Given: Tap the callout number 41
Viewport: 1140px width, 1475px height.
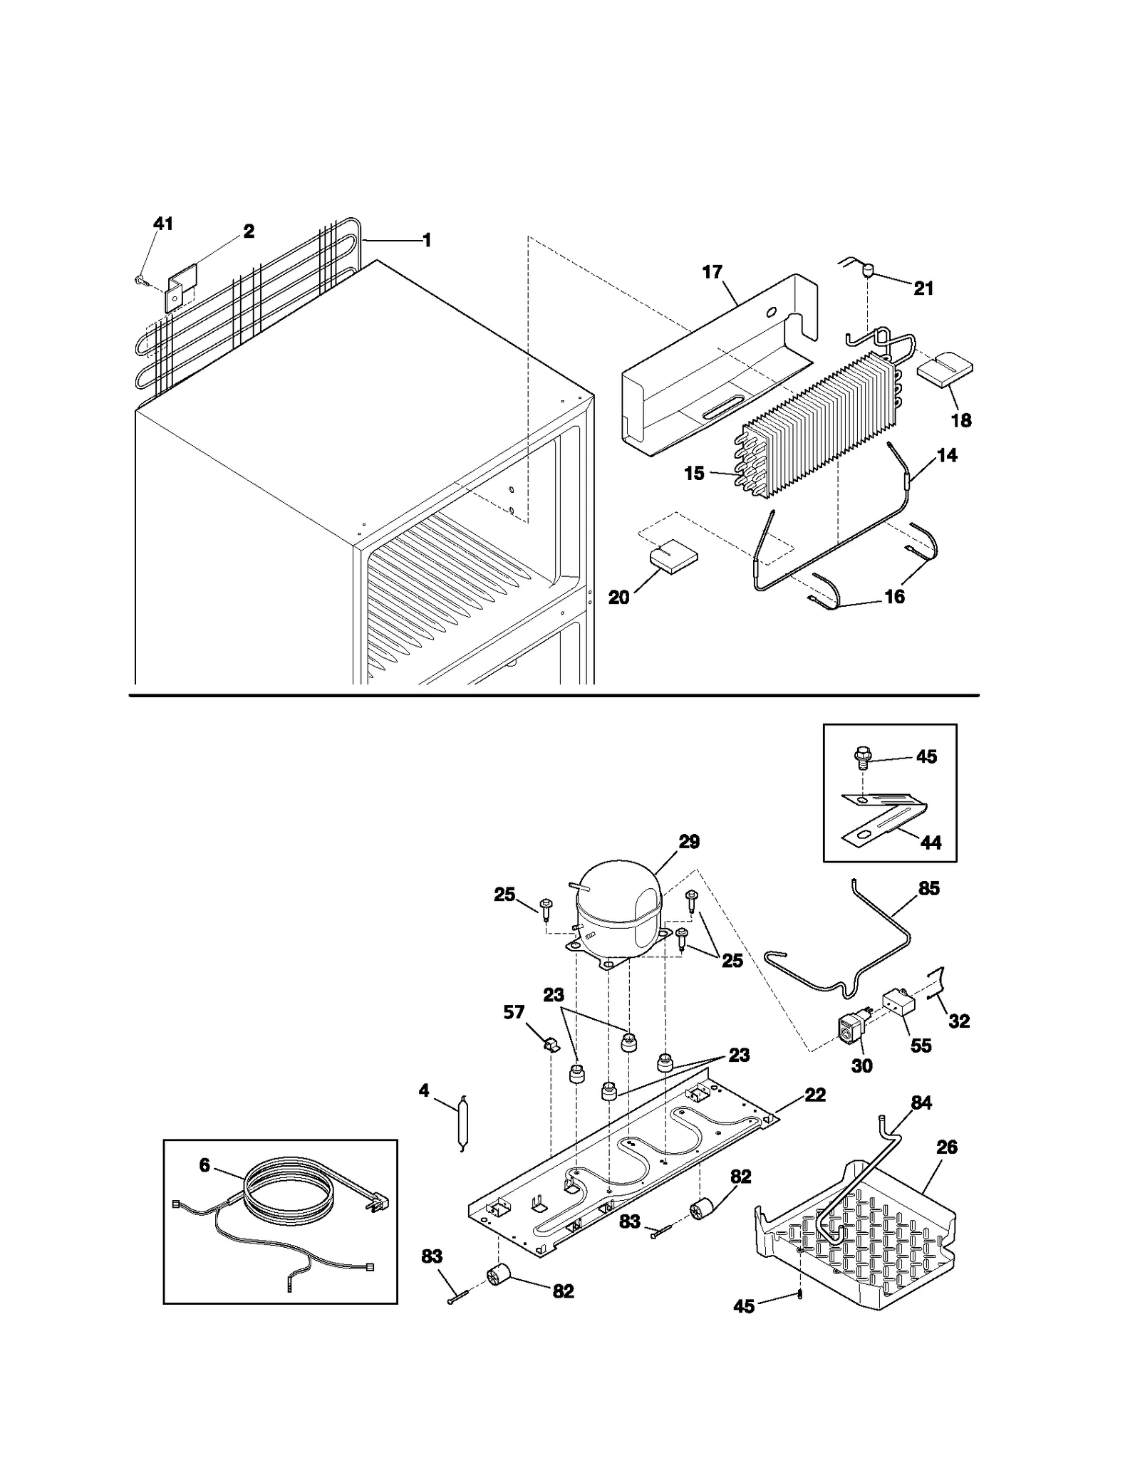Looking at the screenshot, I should coord(163,224).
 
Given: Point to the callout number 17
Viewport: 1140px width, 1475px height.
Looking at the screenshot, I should coord(712,272).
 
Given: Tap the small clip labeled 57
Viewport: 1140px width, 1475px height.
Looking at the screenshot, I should coord(551,1044).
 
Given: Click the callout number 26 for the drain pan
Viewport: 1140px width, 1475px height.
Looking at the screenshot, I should coord(947,1147).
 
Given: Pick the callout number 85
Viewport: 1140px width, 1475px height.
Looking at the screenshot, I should coord(929,888).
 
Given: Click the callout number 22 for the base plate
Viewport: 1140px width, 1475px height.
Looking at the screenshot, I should coord(815,1095).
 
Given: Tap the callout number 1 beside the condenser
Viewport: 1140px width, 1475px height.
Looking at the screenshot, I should coord(427,241).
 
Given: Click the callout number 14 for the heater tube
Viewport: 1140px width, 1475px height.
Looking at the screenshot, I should coord(947,455).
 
